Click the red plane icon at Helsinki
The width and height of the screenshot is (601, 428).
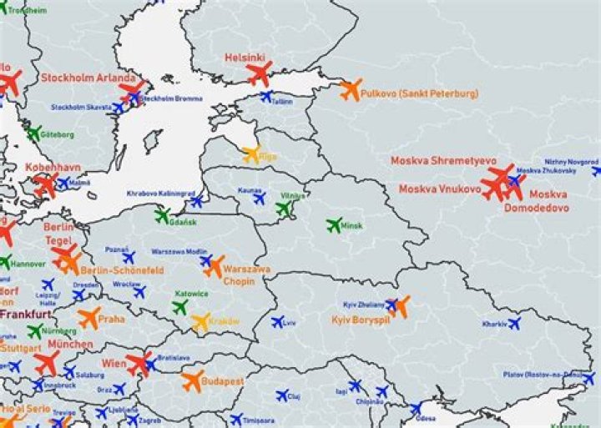click(x=260, y=74)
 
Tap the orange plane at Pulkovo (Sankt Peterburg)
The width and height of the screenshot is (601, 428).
click(x=351, y=89)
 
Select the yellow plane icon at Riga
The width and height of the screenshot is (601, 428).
click(x=251, y=154)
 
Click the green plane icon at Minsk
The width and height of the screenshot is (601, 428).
click(x=335, y=224)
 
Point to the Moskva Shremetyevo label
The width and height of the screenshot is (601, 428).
click(x=443, y=160)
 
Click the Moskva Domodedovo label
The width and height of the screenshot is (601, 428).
click(x=536, y=200)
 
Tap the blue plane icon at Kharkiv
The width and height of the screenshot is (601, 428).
click(x=513, y=322)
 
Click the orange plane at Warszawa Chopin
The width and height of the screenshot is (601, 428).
click(x=214, y=267)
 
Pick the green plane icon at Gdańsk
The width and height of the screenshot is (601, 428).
click(x=162, y=215)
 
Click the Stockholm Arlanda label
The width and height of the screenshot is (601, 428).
click(x=88, y=78)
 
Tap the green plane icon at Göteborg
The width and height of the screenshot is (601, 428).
click(x=33, y=133)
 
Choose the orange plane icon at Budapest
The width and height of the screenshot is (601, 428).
click(x=192, y=381)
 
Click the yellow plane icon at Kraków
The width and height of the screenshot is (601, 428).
click(x=200, y=321)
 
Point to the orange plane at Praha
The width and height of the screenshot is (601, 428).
click(x=89, y=317)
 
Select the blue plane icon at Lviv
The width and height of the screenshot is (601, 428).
click(x=277, y=321)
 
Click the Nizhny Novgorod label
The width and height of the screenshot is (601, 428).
click(x=571, y=161)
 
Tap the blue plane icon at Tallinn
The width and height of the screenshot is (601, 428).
click(x=266, y=97)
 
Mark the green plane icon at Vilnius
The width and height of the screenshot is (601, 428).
click(x=285, y=209)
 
